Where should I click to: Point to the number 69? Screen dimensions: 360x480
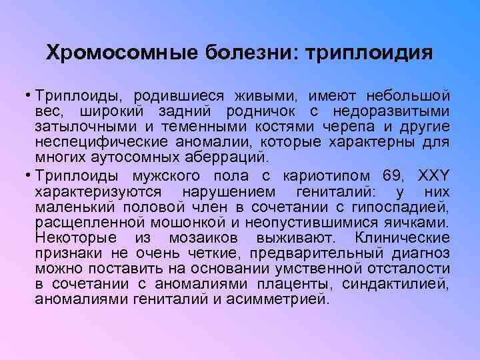click(x=396, y=176)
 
